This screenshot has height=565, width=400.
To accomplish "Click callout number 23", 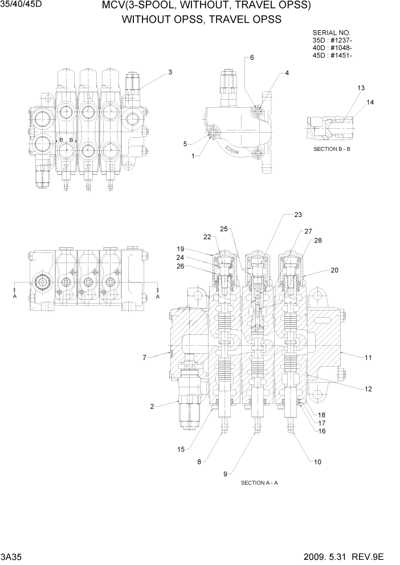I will tap(298, 215).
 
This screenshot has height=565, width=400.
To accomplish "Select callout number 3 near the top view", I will tap(170, 72).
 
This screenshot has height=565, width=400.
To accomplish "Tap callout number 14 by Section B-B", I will tap(370, 102).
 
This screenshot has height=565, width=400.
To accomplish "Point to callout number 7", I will tap(144, 358).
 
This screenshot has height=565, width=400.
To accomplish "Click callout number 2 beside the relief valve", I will tap(152, 406).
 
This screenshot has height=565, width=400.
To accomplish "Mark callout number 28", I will tap(317, 240).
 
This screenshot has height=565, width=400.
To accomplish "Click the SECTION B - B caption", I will tap(334, 148).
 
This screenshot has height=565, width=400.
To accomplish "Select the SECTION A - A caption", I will tap(259, 482).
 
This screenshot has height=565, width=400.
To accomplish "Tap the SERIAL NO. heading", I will tap(332, 33).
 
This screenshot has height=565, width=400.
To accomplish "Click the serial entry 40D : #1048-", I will tap(332, 48).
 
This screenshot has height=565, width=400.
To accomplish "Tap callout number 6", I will tap(252, 58).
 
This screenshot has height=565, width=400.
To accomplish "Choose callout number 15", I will tap(181, 449).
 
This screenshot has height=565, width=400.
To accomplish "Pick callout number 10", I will tap(317, 462).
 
